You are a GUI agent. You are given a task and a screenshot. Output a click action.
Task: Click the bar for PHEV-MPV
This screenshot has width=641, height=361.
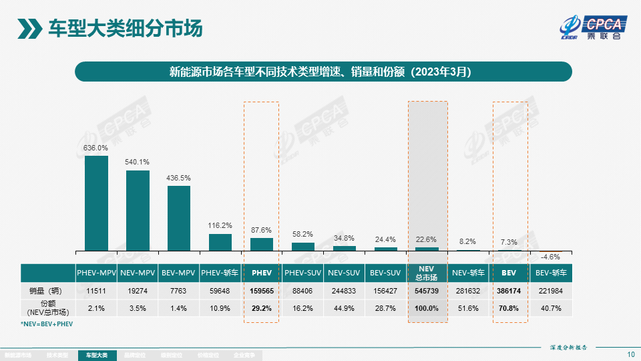(x=96, y=203)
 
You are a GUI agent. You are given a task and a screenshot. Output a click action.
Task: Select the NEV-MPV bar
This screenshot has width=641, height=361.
(x=138, y=211)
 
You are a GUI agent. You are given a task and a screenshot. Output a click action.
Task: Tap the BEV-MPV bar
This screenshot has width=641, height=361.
(x=179, y=218)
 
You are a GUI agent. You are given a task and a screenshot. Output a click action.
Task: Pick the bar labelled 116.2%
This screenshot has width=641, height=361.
(x=220, y=242)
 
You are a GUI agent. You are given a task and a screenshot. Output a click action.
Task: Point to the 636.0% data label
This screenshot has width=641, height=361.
(x=95, y=148)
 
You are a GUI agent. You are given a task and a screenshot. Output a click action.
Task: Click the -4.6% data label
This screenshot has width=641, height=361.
(x=551, y=257)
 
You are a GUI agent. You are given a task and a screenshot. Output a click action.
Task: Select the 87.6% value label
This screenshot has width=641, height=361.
(x=262, y=230)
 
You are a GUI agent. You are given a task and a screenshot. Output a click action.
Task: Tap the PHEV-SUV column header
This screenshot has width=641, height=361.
(x=303, y=273)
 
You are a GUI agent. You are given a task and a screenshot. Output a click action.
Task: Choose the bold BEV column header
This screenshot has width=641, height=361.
(x=509, y=273)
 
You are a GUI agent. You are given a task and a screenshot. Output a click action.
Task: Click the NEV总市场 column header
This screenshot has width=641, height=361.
(x=427, y=273)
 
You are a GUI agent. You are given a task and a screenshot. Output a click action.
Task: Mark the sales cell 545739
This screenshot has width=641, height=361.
(x=427, y=291)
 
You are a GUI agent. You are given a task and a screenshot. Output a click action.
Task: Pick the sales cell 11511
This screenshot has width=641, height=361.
(x=96, y=291)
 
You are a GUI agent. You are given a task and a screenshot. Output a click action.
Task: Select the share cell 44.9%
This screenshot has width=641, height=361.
(x=344, y=308)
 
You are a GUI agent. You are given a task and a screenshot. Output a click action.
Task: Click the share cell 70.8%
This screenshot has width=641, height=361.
(x=509, y=308)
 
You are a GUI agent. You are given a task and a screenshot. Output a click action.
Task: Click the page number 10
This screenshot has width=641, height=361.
(x=631, y=354)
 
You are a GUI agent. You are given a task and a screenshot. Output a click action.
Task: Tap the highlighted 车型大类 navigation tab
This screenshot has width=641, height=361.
(x=97, y=356)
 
